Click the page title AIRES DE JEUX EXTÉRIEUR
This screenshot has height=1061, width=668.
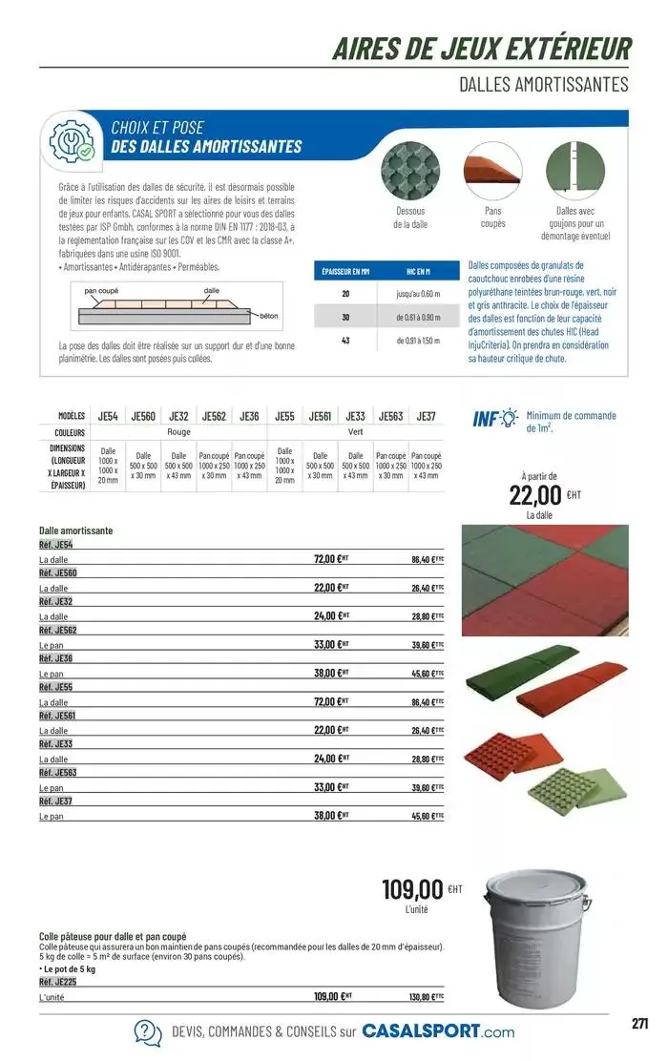click(481, 49)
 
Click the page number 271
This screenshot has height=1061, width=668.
click(640, 1023)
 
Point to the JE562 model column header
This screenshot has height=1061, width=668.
click(214, 416)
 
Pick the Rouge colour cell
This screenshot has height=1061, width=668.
click(179, 432)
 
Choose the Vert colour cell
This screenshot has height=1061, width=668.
click(356, 432)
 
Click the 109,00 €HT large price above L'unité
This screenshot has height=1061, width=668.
click(414, 891)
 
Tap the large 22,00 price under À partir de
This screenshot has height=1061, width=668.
click(535, 494)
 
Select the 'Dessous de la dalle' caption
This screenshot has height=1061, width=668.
click(410, 218)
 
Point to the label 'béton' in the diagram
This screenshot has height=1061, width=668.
click(268, 314)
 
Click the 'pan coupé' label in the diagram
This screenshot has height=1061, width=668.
click(101, 290)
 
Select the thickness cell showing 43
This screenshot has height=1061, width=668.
click(346, 341)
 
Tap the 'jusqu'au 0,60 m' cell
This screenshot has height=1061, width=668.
click(417, 294)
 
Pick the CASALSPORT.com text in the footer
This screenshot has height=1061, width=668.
click(438, 1031)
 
